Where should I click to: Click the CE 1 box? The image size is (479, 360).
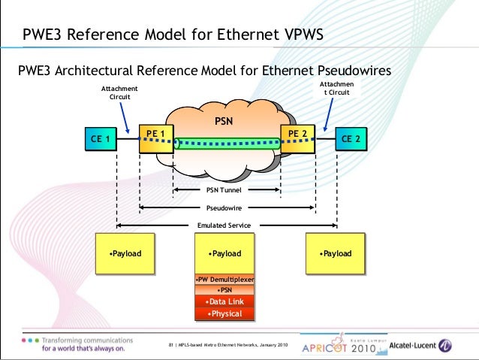point(100,139)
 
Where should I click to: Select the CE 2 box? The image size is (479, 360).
point(351,139)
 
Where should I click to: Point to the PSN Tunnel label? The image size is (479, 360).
point(224,191)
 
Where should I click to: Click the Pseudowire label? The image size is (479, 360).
point(224,207)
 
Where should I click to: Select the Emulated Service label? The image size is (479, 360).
point(224,225)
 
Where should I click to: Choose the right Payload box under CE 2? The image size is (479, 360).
point(335,254)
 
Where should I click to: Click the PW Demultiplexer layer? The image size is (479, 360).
point(224,280)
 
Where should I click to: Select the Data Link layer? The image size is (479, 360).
point(224,301)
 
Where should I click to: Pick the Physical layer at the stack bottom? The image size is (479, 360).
point(224,313)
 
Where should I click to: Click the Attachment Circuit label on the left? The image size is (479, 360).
point(119,92)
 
